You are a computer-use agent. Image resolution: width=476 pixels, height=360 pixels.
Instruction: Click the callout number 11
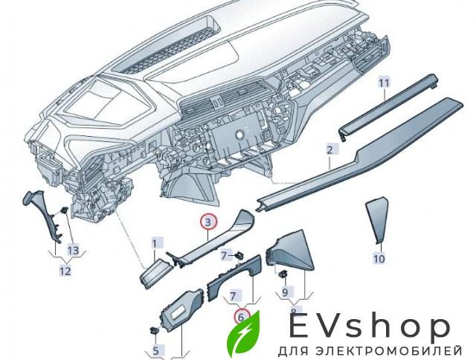click(384, 83)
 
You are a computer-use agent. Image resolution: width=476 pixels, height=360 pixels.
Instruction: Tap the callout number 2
click(329, 150)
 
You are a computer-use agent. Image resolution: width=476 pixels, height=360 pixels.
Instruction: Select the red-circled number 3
click(208, 222)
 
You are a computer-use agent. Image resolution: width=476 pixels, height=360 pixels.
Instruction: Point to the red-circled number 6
click(241, 318)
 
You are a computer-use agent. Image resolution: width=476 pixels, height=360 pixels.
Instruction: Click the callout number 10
click(379, 259)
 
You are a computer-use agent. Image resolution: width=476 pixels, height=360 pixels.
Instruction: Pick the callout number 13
click(73, 250)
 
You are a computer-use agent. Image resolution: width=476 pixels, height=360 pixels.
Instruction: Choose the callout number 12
click(65, 270)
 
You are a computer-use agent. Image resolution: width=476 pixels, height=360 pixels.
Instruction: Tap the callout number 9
click(285, 292)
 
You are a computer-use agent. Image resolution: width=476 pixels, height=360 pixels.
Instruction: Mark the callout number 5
click(155, 351)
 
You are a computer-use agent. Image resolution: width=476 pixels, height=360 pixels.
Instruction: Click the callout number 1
click(154, 243)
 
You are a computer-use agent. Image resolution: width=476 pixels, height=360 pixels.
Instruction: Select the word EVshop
click(370, 327)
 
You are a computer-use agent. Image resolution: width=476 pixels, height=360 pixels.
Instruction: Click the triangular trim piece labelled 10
click(377, 219)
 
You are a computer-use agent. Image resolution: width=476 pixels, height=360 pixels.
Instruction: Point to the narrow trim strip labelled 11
click(388, 107)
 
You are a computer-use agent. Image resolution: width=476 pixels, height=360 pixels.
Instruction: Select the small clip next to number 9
click(283, 273)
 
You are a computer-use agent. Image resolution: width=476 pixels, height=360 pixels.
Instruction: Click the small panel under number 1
click(155, 271)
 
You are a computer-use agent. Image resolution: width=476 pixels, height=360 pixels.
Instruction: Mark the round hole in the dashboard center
click(239, 135)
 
